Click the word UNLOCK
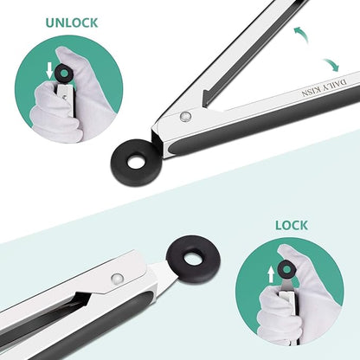[x=72, y=22]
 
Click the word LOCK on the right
[x=292, y=225]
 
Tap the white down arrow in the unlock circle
[x=49, y=70]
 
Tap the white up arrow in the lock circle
[x=271, y=274]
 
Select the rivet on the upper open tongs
[x=185, y=116]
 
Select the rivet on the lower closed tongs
[x=117, y=279]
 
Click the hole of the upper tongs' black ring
[x=137, y=162]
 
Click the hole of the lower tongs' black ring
[x=194, y=258]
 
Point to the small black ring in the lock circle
[x=286, y=269]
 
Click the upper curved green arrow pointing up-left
[x=301, y=35]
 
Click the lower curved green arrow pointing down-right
[x=331, y=65]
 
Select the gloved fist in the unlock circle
[x=54, y=111]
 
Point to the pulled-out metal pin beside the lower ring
[x=163, y=275]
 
